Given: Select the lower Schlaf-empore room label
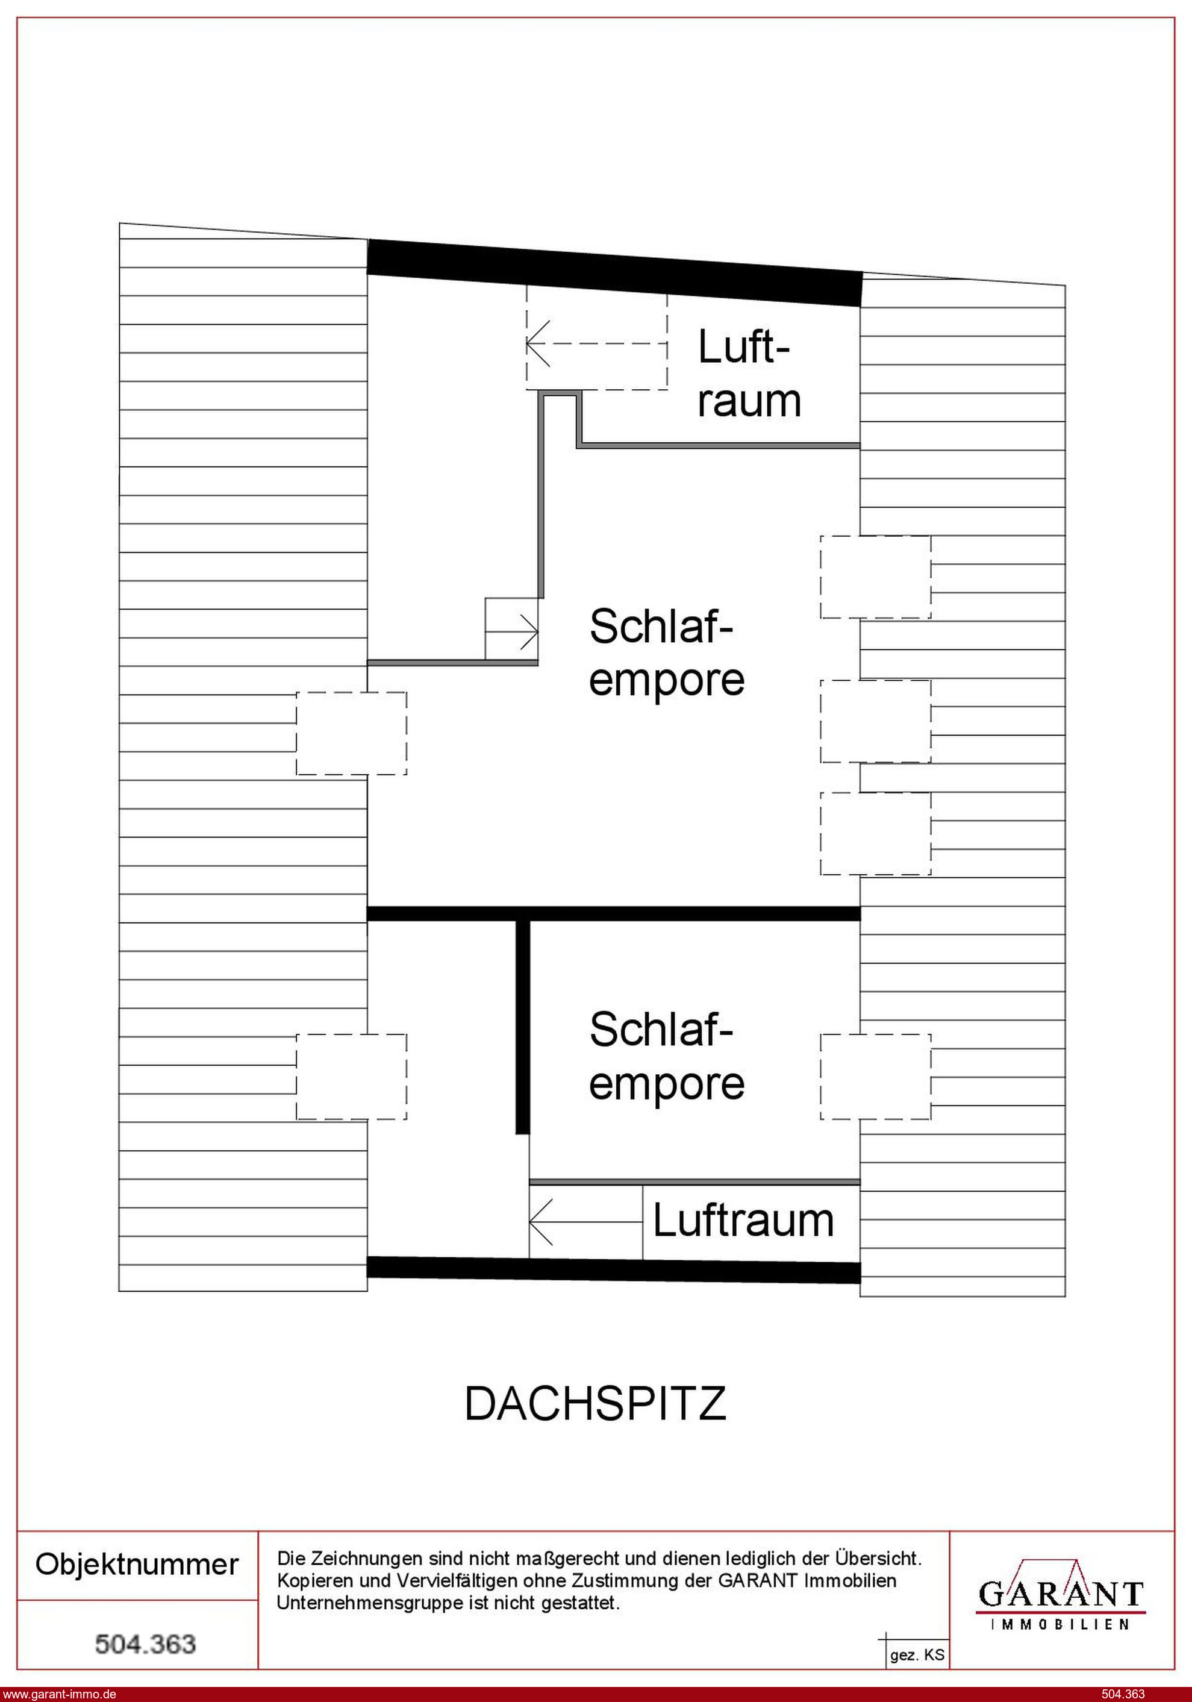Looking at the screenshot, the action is point(666,1056).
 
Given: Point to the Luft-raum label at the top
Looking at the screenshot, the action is point(749,374).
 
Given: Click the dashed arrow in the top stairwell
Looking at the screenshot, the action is point(597,343).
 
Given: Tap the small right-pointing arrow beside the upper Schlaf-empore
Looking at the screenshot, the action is point(511,631).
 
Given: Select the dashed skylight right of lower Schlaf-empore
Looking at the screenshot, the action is point(875,1077).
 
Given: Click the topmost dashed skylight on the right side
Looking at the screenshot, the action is point(875,577).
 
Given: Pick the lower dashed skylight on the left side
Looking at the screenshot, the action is point(351,1077).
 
